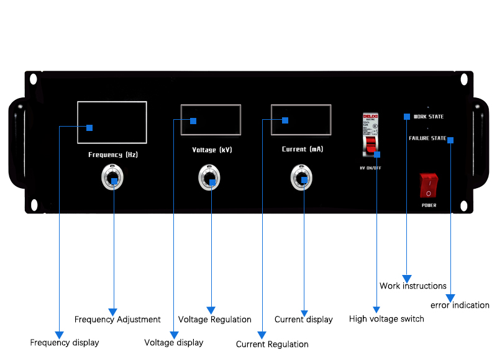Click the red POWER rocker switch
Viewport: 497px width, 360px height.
click(429, 185)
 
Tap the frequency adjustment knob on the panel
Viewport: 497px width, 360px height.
click(113, 179)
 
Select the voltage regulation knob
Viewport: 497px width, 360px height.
click(209, 179)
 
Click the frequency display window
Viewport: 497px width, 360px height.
click(112, 122)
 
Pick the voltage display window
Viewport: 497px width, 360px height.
click(211, 120)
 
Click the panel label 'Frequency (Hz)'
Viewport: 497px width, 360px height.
click(113, 155)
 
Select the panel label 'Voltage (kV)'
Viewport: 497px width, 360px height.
click(212, 150)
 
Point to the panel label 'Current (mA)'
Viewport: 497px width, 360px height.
click(303, 150)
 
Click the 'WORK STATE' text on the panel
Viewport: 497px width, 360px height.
click(429, 117)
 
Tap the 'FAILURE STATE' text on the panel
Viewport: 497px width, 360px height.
click(427, 138)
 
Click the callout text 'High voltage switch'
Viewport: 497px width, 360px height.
click(386, 319)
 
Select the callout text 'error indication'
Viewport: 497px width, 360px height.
click(460, 305)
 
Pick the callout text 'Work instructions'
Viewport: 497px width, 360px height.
click(413, 286)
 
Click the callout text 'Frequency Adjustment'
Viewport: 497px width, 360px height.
click(117, 320)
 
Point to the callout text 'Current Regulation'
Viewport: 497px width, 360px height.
click(272, 344)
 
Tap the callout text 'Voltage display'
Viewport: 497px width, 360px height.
click(174, 343)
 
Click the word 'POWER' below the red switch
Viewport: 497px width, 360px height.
click(429, 205)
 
